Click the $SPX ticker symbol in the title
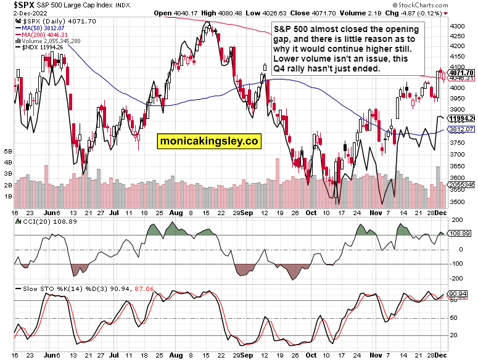click(15, 4)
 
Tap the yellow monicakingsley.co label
click(208, 141)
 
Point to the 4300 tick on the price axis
click(456, 27)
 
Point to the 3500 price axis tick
click(456, 202)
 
